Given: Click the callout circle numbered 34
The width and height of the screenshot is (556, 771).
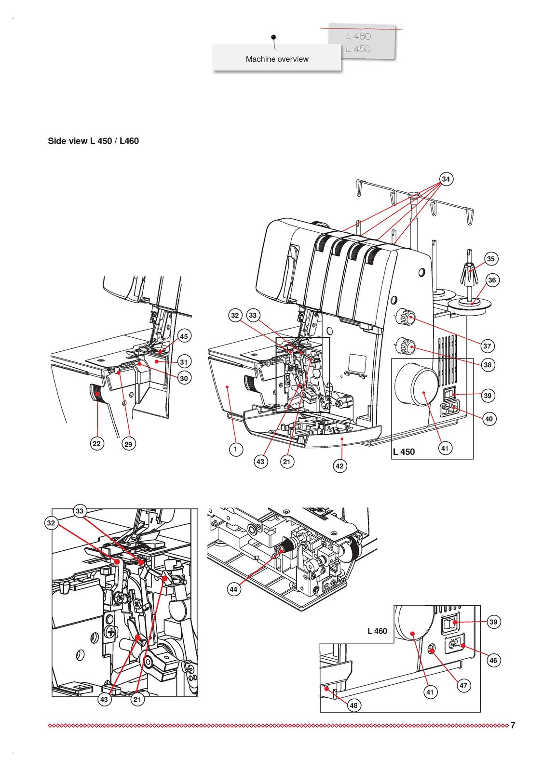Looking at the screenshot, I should (x=446, y=179).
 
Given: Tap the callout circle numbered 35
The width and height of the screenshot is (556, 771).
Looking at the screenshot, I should (x=490, y=259).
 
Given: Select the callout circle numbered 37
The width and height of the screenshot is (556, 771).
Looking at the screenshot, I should (x=487, y=346).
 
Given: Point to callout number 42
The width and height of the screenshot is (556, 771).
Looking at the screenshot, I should (x=339, y=466).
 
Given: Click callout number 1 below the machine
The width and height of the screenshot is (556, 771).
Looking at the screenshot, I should (x=235, y=449).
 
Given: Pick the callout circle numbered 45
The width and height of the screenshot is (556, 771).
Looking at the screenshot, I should (x=184, y=336).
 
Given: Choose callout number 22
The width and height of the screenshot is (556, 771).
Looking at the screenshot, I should (x=97, y=443).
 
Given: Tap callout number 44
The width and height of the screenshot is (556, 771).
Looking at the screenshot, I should (x=234, y=589).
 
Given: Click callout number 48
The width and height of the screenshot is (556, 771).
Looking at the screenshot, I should (x=353, y=705).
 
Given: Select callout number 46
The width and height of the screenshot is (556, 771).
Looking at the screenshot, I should (x=493, y=661).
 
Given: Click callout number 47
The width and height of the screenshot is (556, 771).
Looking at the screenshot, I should (x=463, y=685).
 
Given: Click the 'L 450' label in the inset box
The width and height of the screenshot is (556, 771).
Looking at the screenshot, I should (x=404, y=452).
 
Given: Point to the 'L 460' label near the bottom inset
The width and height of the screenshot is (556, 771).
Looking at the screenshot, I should (x=377, y=631).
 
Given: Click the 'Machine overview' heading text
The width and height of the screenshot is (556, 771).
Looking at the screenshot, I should (x=277, y=59).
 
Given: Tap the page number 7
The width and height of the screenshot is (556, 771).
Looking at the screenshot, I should (x=513, y=725).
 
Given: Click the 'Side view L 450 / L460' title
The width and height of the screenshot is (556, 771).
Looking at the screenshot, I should (x=93, y=141).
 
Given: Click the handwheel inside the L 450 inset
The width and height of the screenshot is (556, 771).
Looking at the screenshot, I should (x=416, y=385).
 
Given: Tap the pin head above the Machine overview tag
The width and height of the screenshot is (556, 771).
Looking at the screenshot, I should (x=273, y=37).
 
